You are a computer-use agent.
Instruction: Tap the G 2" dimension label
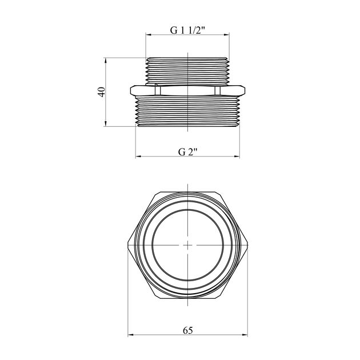187,152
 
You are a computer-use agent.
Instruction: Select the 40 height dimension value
102,92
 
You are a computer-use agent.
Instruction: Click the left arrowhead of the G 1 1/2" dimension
149,35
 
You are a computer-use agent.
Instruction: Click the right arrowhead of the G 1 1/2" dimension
227,35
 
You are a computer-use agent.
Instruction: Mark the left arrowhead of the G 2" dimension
138,157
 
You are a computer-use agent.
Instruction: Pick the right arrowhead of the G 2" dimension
237,157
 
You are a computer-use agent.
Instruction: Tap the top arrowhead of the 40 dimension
106,61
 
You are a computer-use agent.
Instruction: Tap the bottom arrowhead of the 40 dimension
106,123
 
